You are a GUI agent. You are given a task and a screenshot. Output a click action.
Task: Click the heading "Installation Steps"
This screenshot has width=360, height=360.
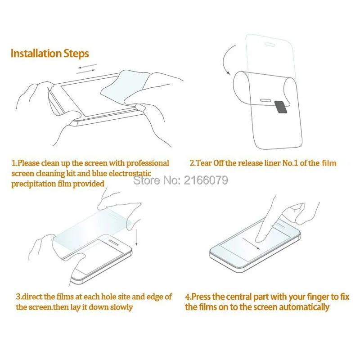pyautogui.click(x=49, y=54)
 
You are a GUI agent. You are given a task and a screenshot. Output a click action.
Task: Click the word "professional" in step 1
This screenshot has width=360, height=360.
pyautogui.click(x=144, y=163)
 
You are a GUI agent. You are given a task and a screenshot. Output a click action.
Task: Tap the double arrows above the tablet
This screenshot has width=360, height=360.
pyautogui.click(x=86, y=68)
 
